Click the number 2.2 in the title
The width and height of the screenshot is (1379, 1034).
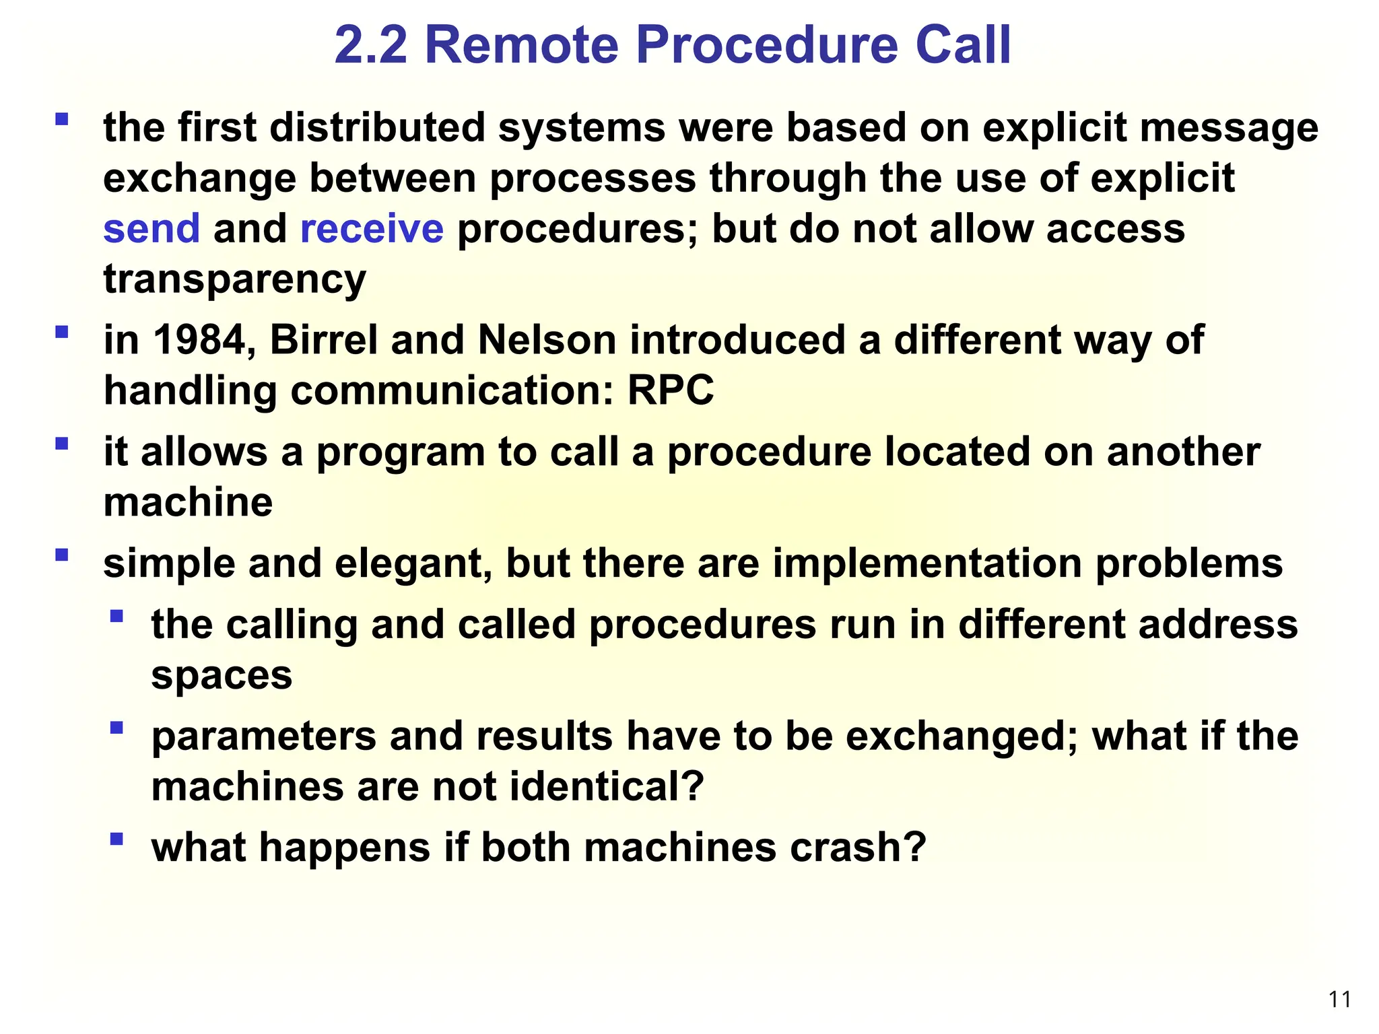371,45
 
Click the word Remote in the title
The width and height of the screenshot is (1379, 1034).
522,45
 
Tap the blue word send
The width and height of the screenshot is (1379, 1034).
152,228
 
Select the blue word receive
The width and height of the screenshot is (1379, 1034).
372,228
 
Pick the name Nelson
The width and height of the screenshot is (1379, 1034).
547,340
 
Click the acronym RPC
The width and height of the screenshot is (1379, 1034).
671,390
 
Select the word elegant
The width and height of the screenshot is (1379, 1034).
413,563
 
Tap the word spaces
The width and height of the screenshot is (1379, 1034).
222,675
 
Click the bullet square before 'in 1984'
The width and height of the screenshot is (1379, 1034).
62,332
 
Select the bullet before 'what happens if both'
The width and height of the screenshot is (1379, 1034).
116,839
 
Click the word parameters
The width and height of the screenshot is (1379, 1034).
264,736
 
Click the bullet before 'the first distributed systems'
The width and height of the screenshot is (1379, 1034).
62,120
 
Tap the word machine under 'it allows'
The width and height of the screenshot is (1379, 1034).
188,503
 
